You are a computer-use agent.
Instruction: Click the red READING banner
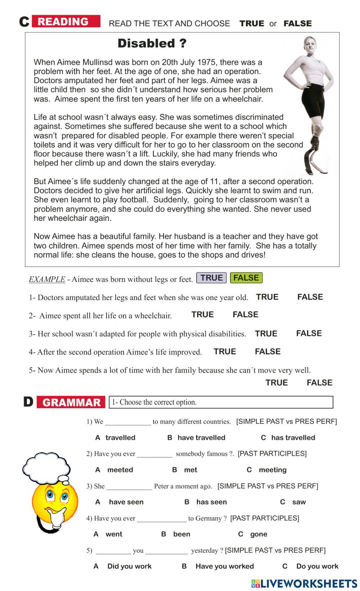[66, 22]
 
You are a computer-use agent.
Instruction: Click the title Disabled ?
[152, 44]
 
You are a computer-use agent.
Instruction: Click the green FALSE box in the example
[246, 278]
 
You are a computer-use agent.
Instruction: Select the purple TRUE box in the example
[211, 278]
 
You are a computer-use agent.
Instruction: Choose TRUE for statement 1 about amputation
[267, 297]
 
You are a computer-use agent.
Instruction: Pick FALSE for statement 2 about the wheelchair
[245, 315]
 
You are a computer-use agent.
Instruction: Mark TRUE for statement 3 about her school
[266, 334]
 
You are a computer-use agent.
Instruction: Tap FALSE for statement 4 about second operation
[267, 352]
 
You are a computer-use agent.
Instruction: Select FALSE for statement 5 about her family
[319, 383]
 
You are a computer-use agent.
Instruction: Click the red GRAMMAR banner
[71, 403]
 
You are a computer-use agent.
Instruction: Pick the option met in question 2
[190, 470]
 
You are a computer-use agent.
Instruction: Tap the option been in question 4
[181, 534]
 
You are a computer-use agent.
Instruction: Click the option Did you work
[129, 566]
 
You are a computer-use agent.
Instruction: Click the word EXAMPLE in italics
[47, 279]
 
